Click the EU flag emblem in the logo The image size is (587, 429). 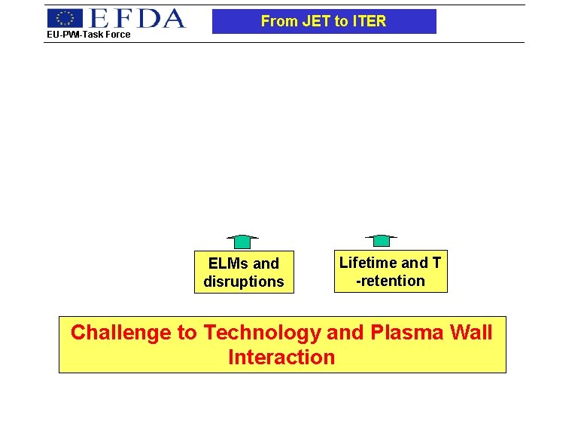pyautogui.click(x=65, y=18)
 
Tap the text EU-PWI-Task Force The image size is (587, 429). pyautogui.click(x=89, y=34)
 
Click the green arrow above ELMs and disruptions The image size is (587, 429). pyautogui.click(x=242, y=242)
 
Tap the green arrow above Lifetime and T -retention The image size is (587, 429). pyautogui.click(x=382, y=241)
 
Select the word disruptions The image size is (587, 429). pyautogui.click(x=244, y=281)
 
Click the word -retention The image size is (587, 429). pyautogui.click(x=391, y=281)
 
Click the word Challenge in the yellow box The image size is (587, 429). pyautogui.click(x=120, y=333)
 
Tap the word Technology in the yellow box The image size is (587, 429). pyautogui.click(x=262, y=333)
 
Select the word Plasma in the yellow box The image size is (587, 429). pyautogui.click(x=406, y=333)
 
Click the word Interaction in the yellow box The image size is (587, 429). pyautogui.click(x=281, y=357)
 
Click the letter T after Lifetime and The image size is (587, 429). pyautogui.click(x=436, y=263)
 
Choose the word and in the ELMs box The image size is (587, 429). pyautogui.click(x=266, y=263)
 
